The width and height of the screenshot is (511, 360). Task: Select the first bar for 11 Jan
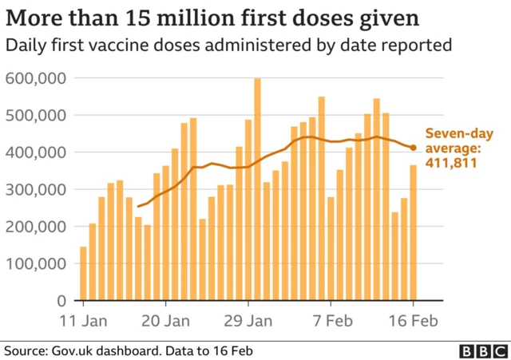point(83,273)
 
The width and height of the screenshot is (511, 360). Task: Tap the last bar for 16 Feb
point(413,232)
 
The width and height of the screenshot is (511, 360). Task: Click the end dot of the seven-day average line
point(413,148)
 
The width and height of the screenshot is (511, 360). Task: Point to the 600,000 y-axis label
point(36,78)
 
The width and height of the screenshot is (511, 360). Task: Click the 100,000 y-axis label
point(36,263)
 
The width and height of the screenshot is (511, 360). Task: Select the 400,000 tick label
point(36,152)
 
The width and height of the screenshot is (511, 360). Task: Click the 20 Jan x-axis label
point(165,322)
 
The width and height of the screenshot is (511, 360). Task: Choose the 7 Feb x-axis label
point(330,322)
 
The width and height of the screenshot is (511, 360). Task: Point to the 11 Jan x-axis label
point(83,322)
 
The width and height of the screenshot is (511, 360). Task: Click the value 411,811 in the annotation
point(452,163)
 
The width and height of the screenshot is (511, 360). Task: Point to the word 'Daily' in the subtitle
point(24,45)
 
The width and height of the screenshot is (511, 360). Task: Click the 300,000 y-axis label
point(36,189)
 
